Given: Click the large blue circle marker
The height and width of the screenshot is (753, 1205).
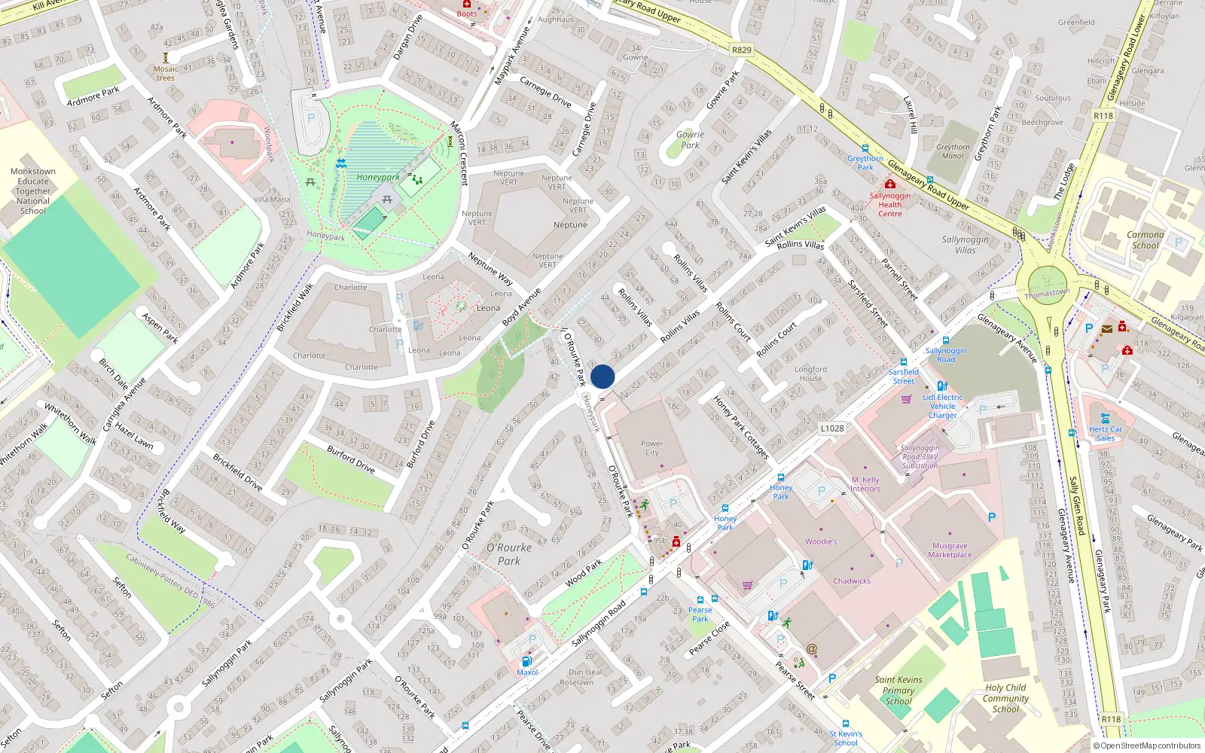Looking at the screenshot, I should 602,376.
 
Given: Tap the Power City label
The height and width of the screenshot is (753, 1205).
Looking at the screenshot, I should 651,448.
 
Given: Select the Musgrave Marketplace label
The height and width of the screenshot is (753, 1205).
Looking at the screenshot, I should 950,550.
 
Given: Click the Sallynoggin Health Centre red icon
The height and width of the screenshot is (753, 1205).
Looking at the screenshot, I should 889,184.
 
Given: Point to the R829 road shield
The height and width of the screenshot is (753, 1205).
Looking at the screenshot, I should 742,50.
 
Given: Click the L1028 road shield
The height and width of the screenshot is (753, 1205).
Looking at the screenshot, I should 832,428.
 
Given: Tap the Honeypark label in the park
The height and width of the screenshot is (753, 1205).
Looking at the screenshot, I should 378,178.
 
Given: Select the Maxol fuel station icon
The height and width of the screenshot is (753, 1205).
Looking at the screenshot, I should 526,661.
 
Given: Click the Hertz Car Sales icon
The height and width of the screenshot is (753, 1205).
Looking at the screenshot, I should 1105,419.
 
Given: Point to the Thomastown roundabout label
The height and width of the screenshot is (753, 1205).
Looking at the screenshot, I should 1047,293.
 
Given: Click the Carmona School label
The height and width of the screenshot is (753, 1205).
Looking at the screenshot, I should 1145,239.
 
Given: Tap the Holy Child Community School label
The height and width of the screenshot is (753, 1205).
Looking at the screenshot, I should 1005,698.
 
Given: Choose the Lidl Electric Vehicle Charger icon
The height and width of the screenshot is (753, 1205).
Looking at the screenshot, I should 941,386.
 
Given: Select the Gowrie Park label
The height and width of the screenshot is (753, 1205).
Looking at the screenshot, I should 690,139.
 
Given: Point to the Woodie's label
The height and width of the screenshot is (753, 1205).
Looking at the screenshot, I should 821,541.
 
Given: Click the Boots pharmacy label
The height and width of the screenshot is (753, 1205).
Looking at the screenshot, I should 467,14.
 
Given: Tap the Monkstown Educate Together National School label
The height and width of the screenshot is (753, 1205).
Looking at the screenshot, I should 33,191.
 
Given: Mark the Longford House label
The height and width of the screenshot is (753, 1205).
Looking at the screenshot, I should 810,373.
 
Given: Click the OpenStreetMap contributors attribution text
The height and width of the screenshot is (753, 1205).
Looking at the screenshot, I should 1148,746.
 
